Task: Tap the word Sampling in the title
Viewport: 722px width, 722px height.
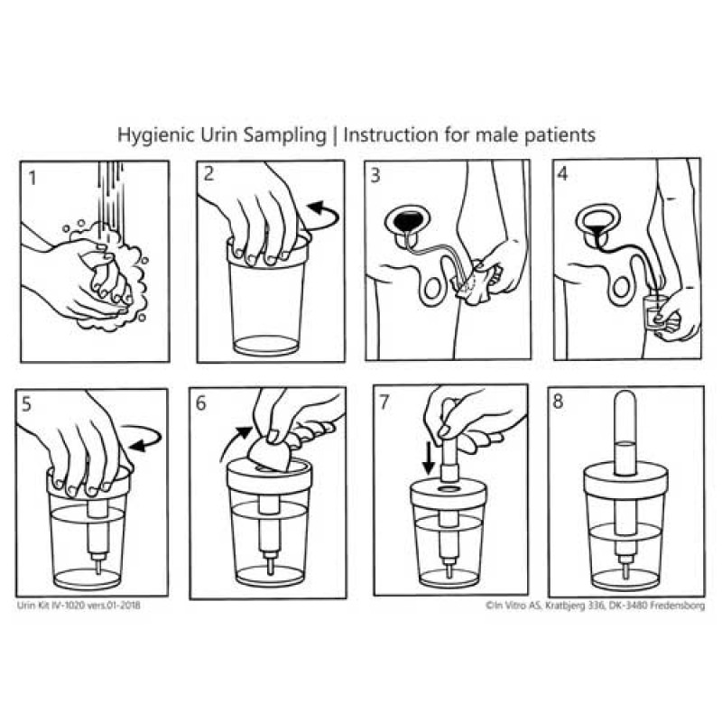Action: pos(284,135)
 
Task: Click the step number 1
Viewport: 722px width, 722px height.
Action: pos(32,178)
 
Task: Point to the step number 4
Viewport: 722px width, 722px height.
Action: pos(562,174)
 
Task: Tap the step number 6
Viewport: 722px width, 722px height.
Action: pos(200,403)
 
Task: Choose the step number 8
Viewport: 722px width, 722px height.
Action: pos(558,402)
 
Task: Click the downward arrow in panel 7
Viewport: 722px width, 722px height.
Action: pos(429,458)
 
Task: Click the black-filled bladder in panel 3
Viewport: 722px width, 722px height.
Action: pos(408,220)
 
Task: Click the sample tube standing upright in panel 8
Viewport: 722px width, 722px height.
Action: pos(625,433)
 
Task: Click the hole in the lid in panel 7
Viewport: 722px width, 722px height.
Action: pos(449,488)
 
